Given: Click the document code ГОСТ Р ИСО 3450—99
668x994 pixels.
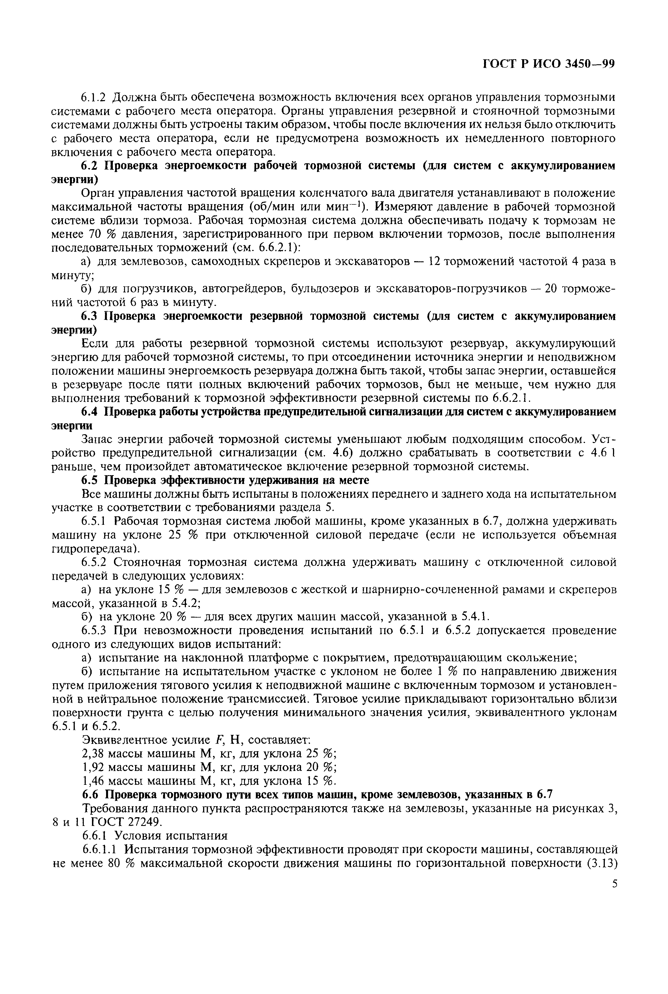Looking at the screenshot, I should pos(549,64).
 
